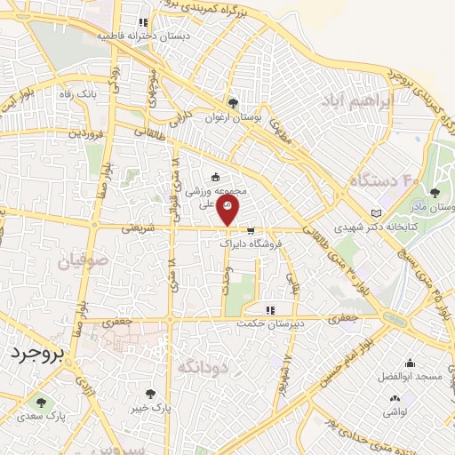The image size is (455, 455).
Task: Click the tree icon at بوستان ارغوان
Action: tap(233, 102)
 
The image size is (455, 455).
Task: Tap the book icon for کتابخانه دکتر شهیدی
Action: tap(377, 213)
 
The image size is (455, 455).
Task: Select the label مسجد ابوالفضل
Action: tap(410, 377)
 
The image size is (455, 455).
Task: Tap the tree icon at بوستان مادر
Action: tap(434, 192)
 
